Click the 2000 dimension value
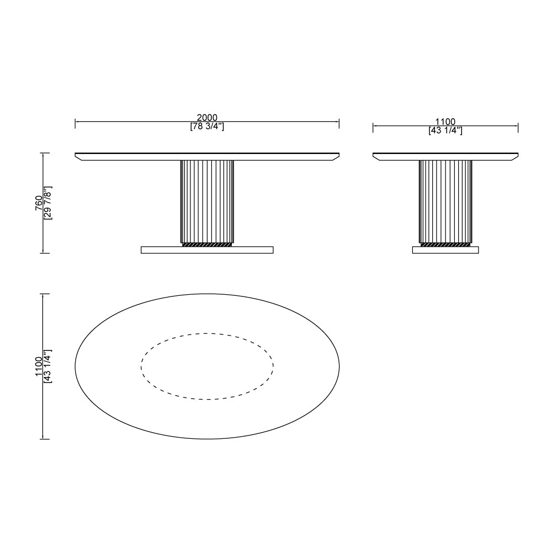[x=207, y=118]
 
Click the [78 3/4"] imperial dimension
[x=207, y=126]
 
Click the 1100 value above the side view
[x=445, y=122]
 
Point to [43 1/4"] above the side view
[x=445, y=131]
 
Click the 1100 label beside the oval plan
[x=39, y=366]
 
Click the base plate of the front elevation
[x=207, y=250]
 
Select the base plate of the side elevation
[x=445, y=250]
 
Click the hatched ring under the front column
[x=207, y=244]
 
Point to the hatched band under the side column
[x=445, y=244]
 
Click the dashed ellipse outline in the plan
[x=207, y=333]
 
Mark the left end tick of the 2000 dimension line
[x=75, y=122]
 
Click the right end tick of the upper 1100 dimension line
[x=518, y=127]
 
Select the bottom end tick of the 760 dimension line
[x=43, y=253]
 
